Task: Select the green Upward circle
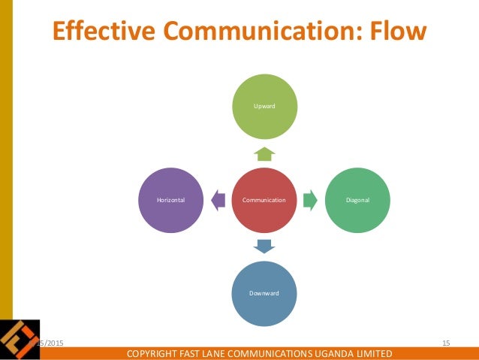[x=265, y=107]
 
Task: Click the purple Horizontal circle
[x=171, y=200]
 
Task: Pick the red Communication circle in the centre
[x=265, y=200]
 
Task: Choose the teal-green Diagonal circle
[x=357, y=200]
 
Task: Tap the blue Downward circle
[x=265, y=293]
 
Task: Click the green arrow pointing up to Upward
[x=265, y=154]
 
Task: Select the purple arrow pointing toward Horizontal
[x=218, y=200]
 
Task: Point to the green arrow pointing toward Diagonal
[x=312, y=200]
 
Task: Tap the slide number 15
[x=446, y=343]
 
